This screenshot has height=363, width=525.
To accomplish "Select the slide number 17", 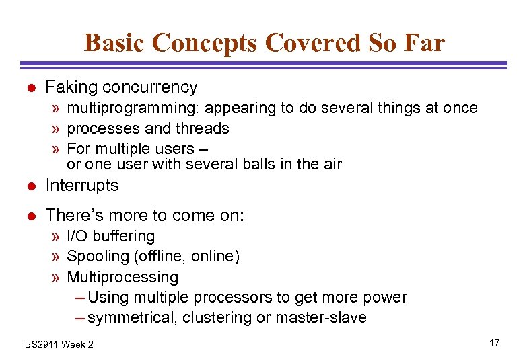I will coord(494,344).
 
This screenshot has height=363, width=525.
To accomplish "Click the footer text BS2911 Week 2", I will coord(59,344).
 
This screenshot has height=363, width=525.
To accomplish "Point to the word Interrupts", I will coord(81,186).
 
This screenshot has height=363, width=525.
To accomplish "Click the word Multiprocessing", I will coord(123,277).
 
